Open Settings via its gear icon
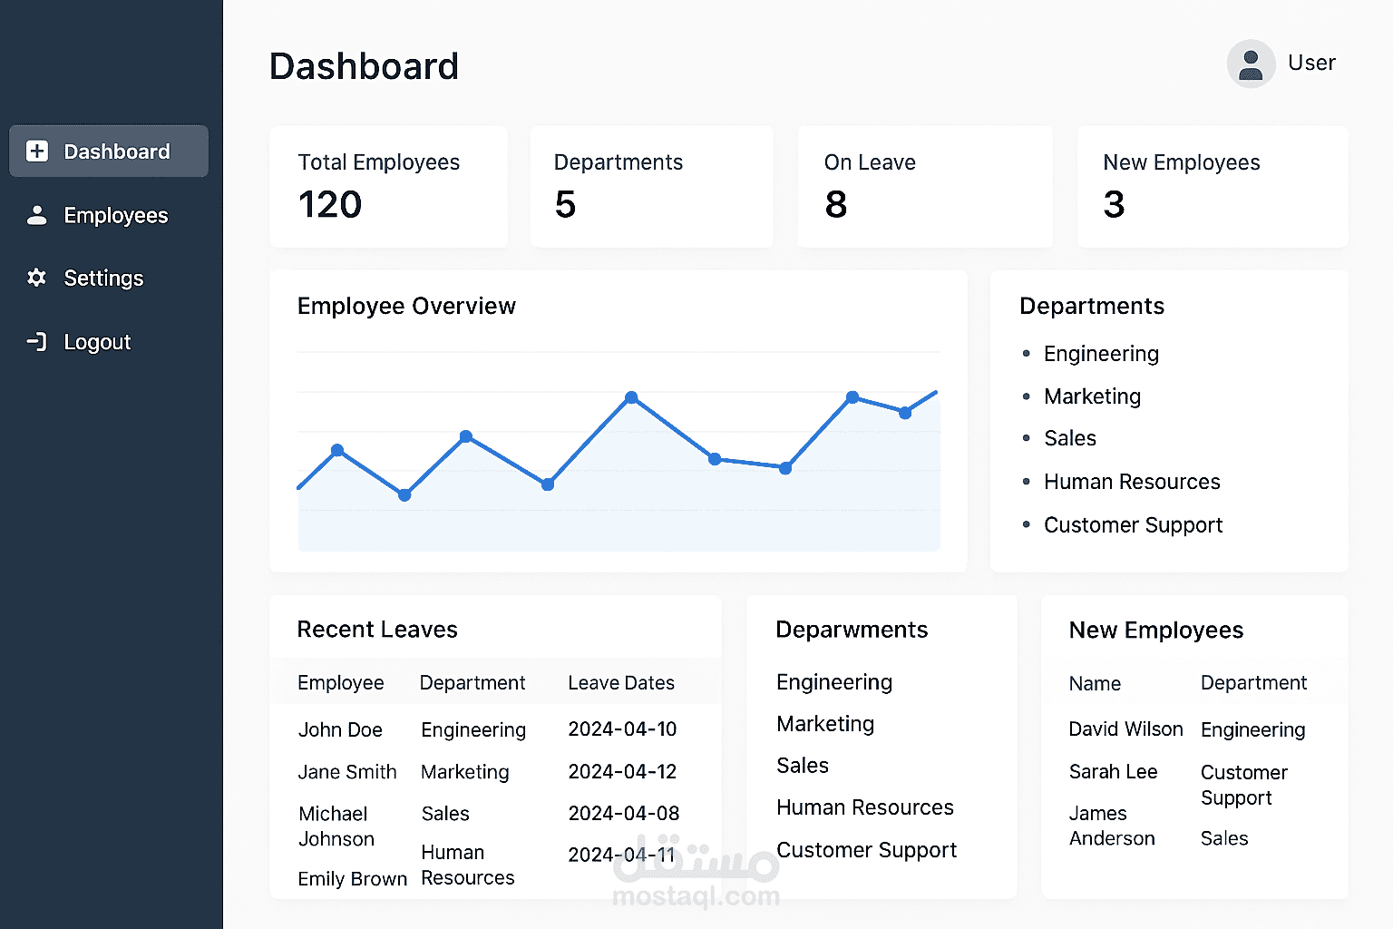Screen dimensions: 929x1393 (36, 278)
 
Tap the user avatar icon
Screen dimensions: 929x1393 (1251, 64)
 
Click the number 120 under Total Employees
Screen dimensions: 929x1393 (330, 205)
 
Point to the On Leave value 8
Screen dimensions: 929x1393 (836, 205)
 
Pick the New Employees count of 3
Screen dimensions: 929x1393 (1114, 205)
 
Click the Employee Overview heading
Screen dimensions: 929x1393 (406, 307)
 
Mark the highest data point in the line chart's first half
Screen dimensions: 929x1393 (631, 397)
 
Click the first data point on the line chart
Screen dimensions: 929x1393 (337, 450)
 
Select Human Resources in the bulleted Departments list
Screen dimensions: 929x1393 (1132, 482)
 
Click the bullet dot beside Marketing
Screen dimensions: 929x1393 (1027, 396)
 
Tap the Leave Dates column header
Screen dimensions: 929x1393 (621, 683)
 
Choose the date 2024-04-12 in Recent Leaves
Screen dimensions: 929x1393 (622, 772)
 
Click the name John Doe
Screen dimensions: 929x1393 (340, 730)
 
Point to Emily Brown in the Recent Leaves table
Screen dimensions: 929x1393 (352, 879)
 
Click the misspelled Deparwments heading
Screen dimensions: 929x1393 (852, 631)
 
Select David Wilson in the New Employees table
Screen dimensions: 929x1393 (1125, 729)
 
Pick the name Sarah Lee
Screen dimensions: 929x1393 (1113, 772)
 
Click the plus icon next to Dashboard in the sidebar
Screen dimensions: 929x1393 (37, 152)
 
